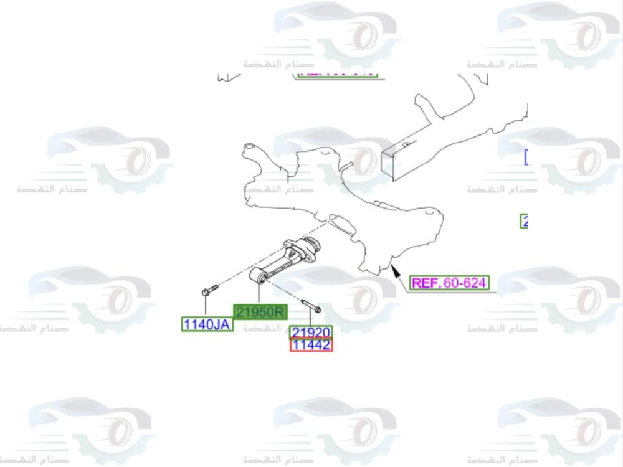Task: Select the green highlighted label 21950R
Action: pos(260,312)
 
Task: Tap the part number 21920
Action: pos(311,333)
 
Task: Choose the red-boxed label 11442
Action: pos(311,345)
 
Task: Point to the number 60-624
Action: pos(464,283)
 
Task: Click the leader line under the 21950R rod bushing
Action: pos(259,295)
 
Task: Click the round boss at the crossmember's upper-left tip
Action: pos(249,148)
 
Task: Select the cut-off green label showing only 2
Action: pos(525,221)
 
